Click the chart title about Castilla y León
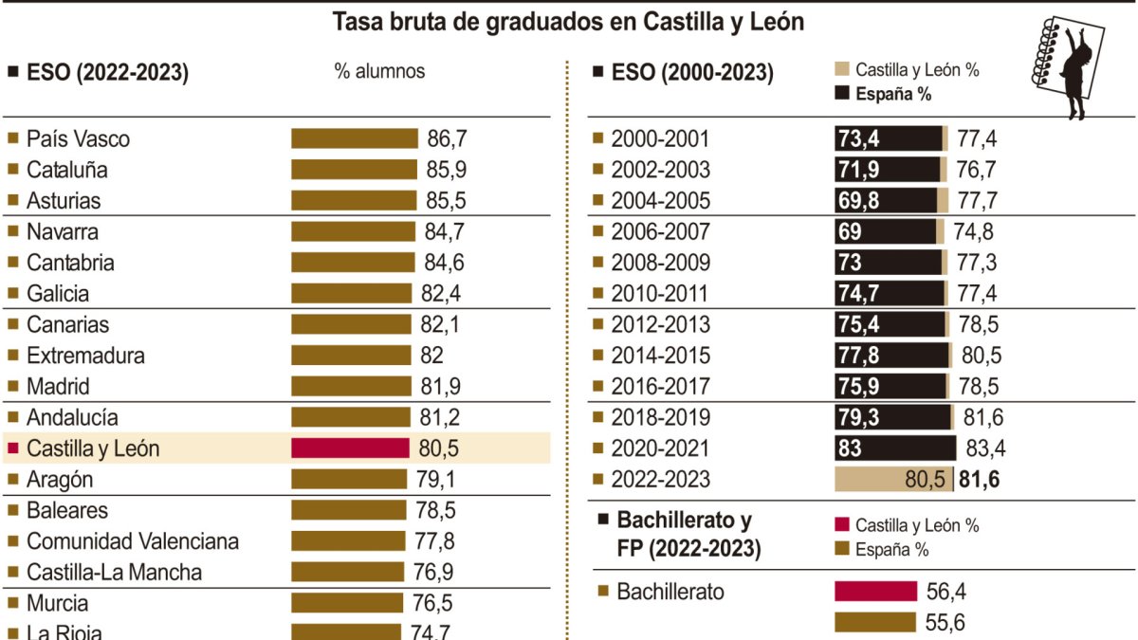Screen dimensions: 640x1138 tap(568, 23)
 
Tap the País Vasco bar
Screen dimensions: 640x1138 tap(354, 139)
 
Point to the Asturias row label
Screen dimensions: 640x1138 tap(63, 201)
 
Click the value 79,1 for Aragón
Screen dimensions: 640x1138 tap(433, 480)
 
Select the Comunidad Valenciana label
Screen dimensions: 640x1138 tap(132, 541)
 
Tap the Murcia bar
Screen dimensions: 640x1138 tap(348, 603)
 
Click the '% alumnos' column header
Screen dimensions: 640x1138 tap(379, 72)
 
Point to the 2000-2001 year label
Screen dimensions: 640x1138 tap(660, 139)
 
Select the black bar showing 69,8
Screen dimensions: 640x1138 tap(886, 201)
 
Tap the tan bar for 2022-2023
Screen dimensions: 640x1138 tap(892, 480)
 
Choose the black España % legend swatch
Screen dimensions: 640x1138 tap(840, 93)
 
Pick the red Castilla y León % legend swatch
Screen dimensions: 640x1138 tap(840, 525)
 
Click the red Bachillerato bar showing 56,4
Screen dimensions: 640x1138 tap(876, 592)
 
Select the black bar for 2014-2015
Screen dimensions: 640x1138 tap(891, 356)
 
